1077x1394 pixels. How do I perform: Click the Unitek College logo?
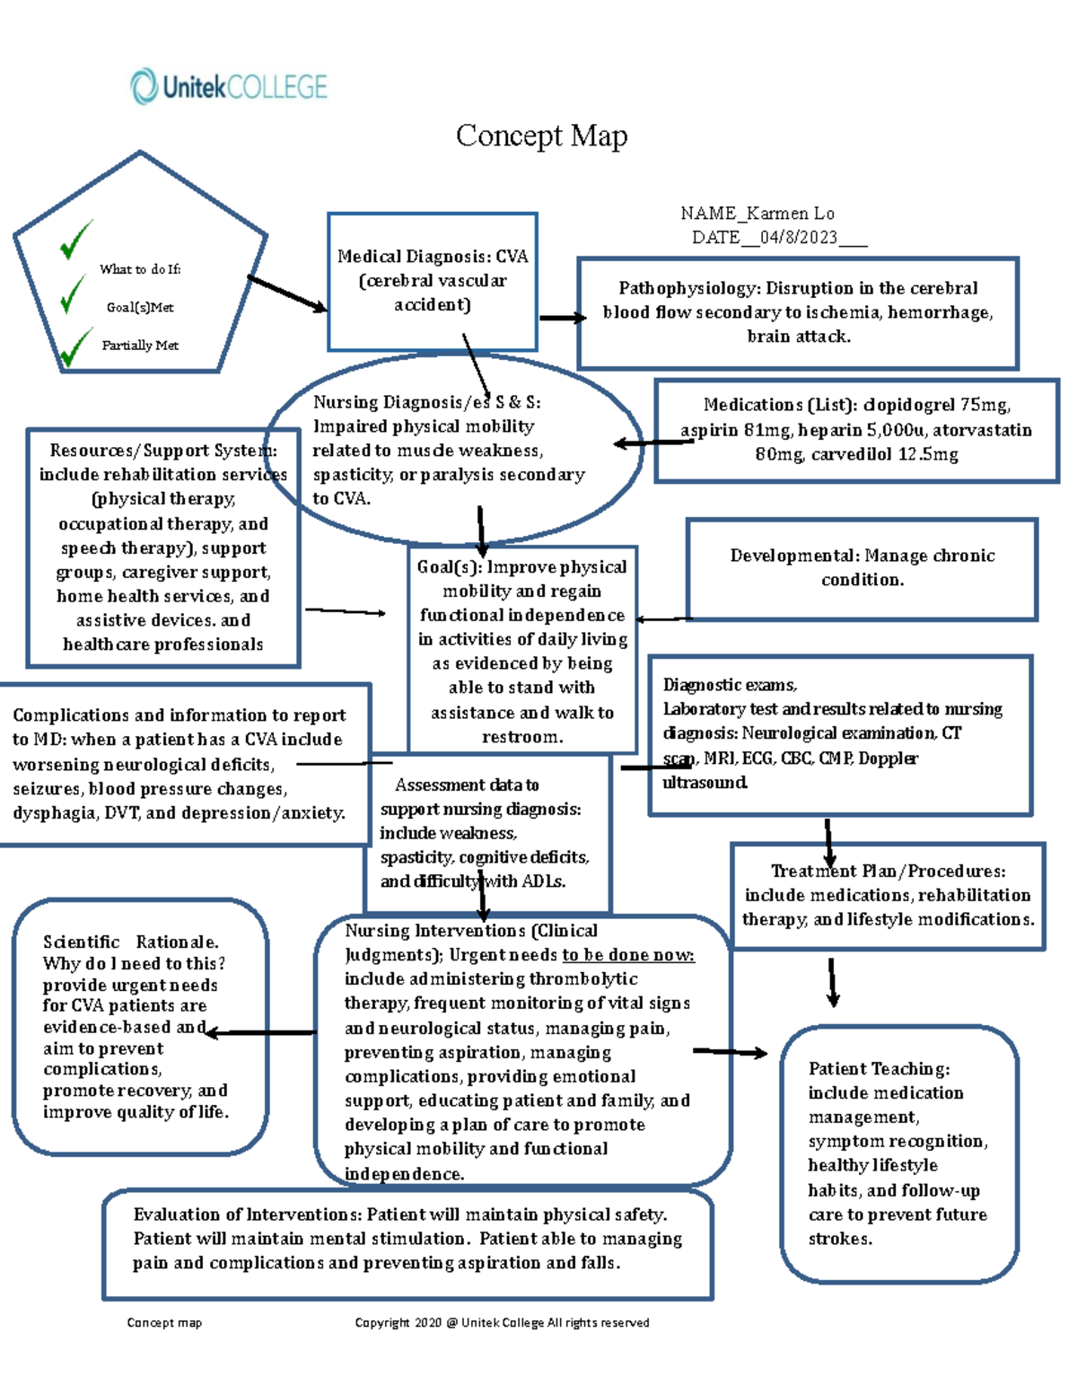[x=229, y=87]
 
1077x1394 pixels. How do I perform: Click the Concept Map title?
[x=541, y=136]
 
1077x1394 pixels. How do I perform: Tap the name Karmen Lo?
[x=790, y=214]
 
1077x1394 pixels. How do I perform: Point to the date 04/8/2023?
[x=798, y=238]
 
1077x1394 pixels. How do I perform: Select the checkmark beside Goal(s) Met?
[x=72, y=294]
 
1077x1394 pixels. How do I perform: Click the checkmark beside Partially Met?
[x=74, y=347]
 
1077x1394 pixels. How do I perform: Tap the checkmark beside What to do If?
[x=76, y=239]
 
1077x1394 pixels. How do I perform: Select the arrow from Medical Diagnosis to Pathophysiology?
[x=562, y=318]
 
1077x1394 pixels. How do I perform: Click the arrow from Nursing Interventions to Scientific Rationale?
[x=260, y=1033]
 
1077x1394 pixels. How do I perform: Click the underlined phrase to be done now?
[x=627, y=955]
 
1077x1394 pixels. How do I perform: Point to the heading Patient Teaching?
[x=879, y=1069]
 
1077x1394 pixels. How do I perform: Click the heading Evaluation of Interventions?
[x=246, y=1214]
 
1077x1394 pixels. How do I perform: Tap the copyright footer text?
[x=502, y=1322]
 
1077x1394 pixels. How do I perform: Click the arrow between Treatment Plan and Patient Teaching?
[x=833, y=982]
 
